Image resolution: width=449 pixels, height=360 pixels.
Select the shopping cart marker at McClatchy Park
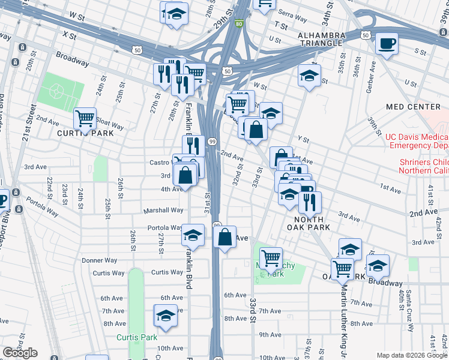click(271, 259)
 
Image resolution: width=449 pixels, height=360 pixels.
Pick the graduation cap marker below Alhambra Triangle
click(309, 76)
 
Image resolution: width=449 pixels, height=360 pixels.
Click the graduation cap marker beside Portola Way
click(193, 235)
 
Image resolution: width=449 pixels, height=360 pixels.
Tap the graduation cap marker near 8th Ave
click(166, 314)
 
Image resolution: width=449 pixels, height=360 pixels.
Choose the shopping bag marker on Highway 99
click(225, 237)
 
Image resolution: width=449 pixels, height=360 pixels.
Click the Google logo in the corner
click(20, 353)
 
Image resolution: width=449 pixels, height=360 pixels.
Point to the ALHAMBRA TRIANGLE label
click(322, 40)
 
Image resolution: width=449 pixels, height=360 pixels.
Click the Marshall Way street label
click(163, 211)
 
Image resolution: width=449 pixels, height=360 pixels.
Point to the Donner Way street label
click(100, 260)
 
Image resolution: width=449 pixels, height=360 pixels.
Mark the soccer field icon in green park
click(56, 92)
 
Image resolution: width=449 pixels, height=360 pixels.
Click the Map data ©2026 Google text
click(412, 355)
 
